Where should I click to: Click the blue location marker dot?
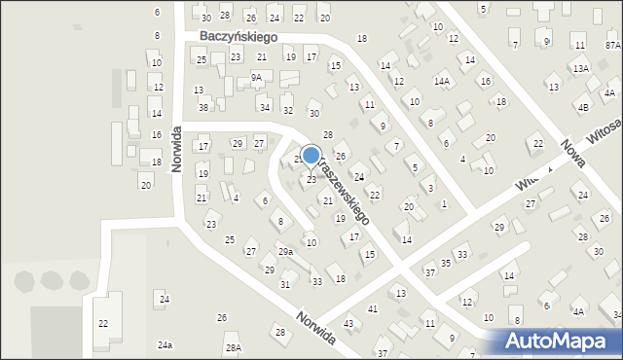point(311,155)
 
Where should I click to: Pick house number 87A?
point(611,45)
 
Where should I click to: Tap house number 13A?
point(581,68)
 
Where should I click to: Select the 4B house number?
point(583,107)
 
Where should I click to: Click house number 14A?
point(442,82)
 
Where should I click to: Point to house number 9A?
point(256,77)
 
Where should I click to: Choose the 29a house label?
point(285,252)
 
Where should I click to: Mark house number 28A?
point(233,347)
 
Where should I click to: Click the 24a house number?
point(165,345)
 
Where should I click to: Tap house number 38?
point(203,107)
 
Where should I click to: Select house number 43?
point(348,323)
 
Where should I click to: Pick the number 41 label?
point(373,308)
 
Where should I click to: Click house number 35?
point(446,263)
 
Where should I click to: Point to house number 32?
point(287,111)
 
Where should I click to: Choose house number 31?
point(285,284)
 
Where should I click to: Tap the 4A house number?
point(578,311)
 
